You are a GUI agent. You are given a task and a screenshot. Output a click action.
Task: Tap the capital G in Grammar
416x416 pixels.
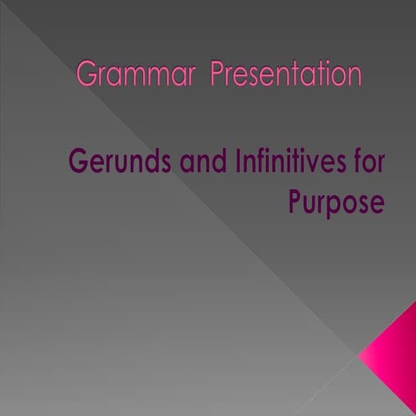point(86,75)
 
